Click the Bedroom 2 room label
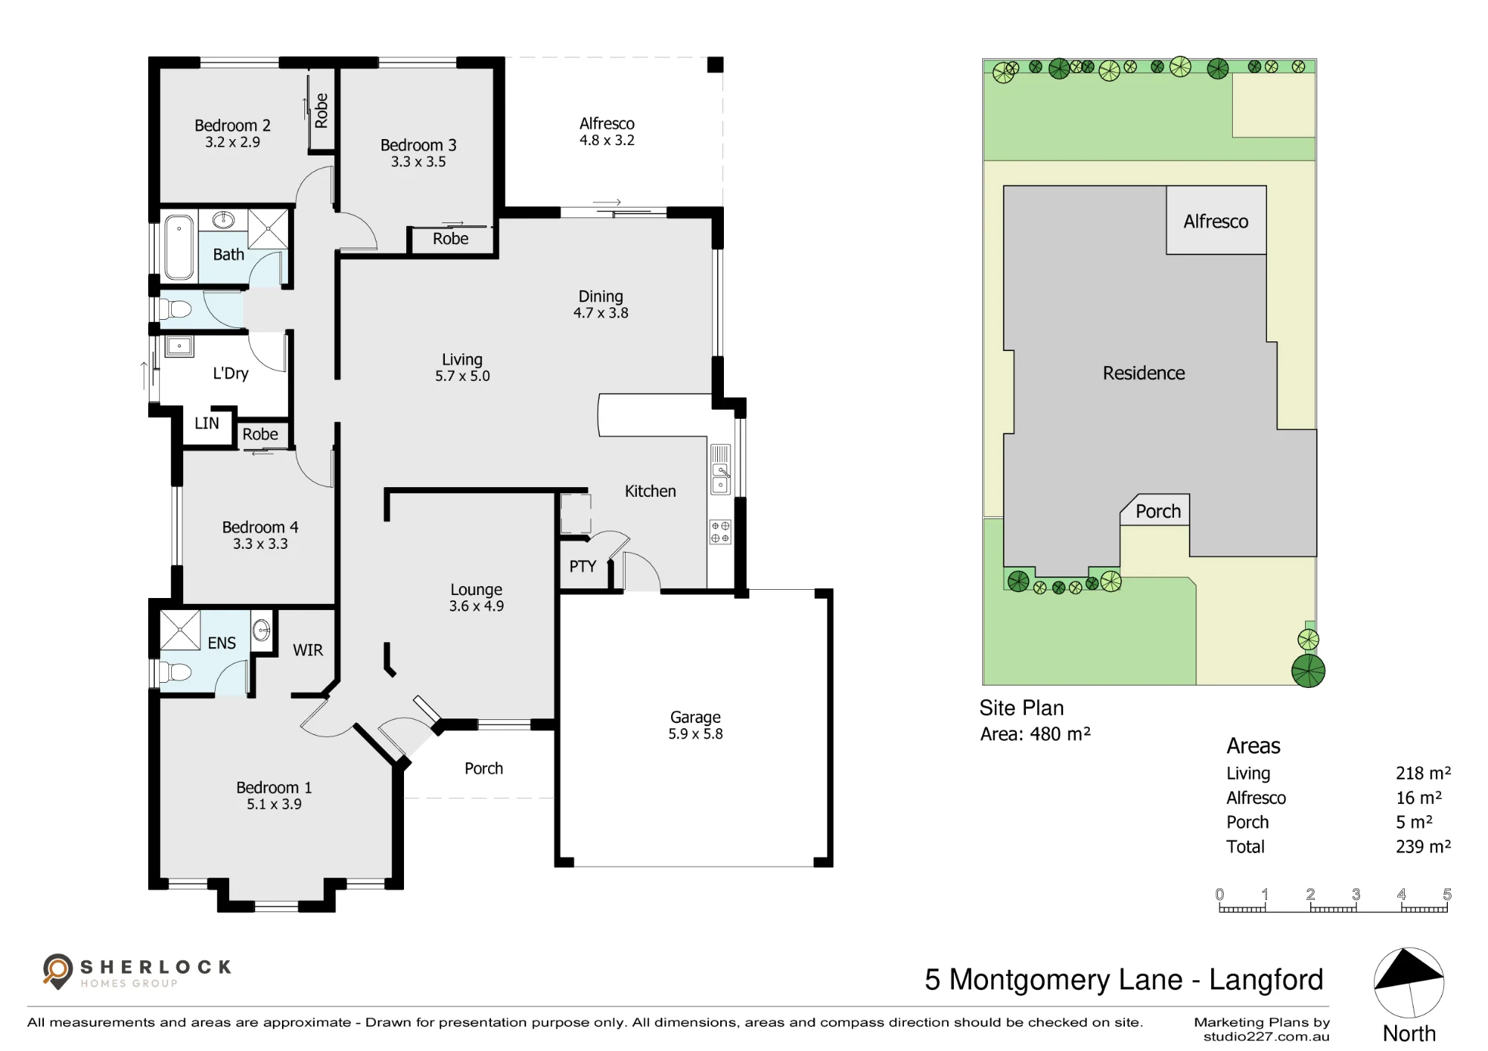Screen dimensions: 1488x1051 pyautogui.click(x=232, y=125)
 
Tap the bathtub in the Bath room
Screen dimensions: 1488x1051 pyautogui.click(x=179, y=247)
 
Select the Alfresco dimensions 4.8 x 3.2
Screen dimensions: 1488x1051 pyautogui.click(x=607, y=141)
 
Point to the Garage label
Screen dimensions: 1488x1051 pyautogui.click(x=696, y=717)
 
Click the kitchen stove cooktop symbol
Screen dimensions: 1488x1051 pyautogui.click(x=720, y=532)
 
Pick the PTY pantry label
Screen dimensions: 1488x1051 pyautogui.click(x=583, y=566)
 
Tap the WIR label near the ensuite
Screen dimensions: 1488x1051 pyautogui.click(x=308, y=650)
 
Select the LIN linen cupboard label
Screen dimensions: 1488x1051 pyautogui.click(x=207, y=423)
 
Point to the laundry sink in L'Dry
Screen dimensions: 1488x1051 pyautogui.click(x=179, y=346)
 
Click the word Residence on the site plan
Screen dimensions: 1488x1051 pyautogui.click(x=1144, y=373)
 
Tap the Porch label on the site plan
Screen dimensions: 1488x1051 pyautogui.click(x=1158, y=511)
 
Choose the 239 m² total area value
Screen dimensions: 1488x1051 pyautogui.click(x=1423, y=846)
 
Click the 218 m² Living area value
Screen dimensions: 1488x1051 pyautogui.click(x=1423, y=774)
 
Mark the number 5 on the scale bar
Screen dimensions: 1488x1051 pyautogui.click(x=1447, y=894)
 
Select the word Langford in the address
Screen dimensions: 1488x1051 pyautogui.click(x=1266, y=980)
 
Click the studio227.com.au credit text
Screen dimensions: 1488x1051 pyautogui.click(x=1266, y=1036)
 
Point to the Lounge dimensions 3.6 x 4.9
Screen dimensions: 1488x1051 pyautogui.click(x=476, y=606)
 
